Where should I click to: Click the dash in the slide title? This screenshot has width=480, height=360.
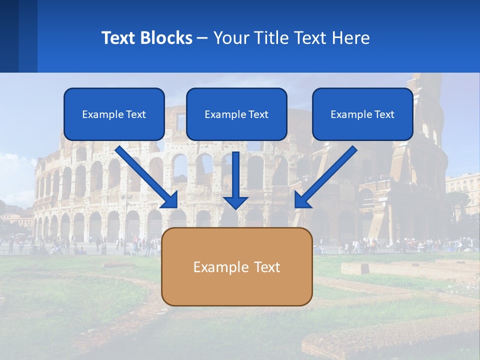click(x=202, y=38)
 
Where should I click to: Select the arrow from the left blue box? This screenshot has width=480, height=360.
click(x=145, y=175)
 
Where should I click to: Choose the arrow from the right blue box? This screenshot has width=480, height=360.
click(x=327, y=175)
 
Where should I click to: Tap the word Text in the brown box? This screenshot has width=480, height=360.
click(x=267, y=267)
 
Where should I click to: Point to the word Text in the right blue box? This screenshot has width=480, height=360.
click(x=384, y=114)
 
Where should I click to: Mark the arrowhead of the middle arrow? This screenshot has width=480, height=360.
click(x=235, y=201)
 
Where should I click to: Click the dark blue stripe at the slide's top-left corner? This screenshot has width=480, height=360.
click(x=9, y=36)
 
